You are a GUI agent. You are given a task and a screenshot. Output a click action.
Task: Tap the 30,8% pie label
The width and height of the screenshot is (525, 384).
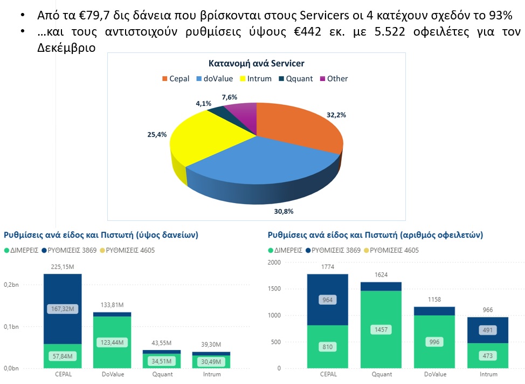[x=284, y=211]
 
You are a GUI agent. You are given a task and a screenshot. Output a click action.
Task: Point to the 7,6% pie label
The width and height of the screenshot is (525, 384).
[x=229, y=97]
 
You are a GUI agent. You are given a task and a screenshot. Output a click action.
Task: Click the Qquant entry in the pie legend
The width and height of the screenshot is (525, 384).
[x=296, y=79]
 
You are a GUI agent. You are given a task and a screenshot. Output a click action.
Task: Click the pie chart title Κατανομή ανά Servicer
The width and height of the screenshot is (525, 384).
[x=256, y=64]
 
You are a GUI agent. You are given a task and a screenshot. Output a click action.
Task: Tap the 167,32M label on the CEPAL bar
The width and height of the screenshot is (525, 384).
[x=63, y=309]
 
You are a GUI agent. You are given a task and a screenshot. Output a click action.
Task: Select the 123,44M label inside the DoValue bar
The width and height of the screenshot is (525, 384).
[x=112, y=342]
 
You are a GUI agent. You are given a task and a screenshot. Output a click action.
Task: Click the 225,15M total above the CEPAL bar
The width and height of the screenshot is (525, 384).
[x=63, y=266]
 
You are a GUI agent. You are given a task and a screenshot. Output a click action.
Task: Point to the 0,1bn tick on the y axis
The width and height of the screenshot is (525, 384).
[x=11, y=327]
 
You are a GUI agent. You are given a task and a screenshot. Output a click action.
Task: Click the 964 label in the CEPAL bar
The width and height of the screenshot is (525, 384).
[x=327, y=300]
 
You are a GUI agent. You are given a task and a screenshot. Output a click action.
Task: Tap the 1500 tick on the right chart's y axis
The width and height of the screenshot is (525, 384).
[x=274, y=289]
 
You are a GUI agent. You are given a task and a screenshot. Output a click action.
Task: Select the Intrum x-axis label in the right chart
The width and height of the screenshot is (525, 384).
[x=488, y=374]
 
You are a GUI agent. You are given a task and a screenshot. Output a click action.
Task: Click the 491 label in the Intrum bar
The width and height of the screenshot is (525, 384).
[x=488, y=331]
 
